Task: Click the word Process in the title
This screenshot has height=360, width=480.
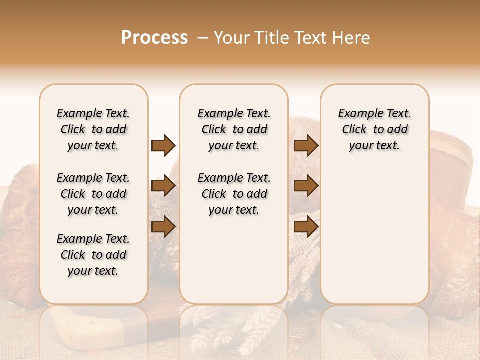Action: pos(154,38)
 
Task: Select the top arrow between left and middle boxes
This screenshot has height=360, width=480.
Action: pos(163,145)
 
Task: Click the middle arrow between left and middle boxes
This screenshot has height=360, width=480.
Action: pos(163,186)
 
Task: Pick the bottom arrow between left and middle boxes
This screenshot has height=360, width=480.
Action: pos(163,226)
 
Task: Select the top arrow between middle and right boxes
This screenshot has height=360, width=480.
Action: pos(306,145)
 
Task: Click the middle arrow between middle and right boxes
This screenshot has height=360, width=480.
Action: pos(306,186)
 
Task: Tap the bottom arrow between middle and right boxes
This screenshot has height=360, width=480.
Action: pos(306,226)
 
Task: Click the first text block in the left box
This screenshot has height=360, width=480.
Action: pos(93,129)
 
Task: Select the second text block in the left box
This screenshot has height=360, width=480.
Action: pos(93,194)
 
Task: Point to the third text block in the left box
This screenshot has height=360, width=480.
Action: pos(93,255)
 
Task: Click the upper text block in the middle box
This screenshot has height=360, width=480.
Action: pos(234,129)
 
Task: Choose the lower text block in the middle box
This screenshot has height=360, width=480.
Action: pos(234,194)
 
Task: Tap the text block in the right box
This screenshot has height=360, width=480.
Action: pos(374,129)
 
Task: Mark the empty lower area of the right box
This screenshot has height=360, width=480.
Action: pos(374,235)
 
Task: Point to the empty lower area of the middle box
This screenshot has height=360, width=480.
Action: pos(234,260)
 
